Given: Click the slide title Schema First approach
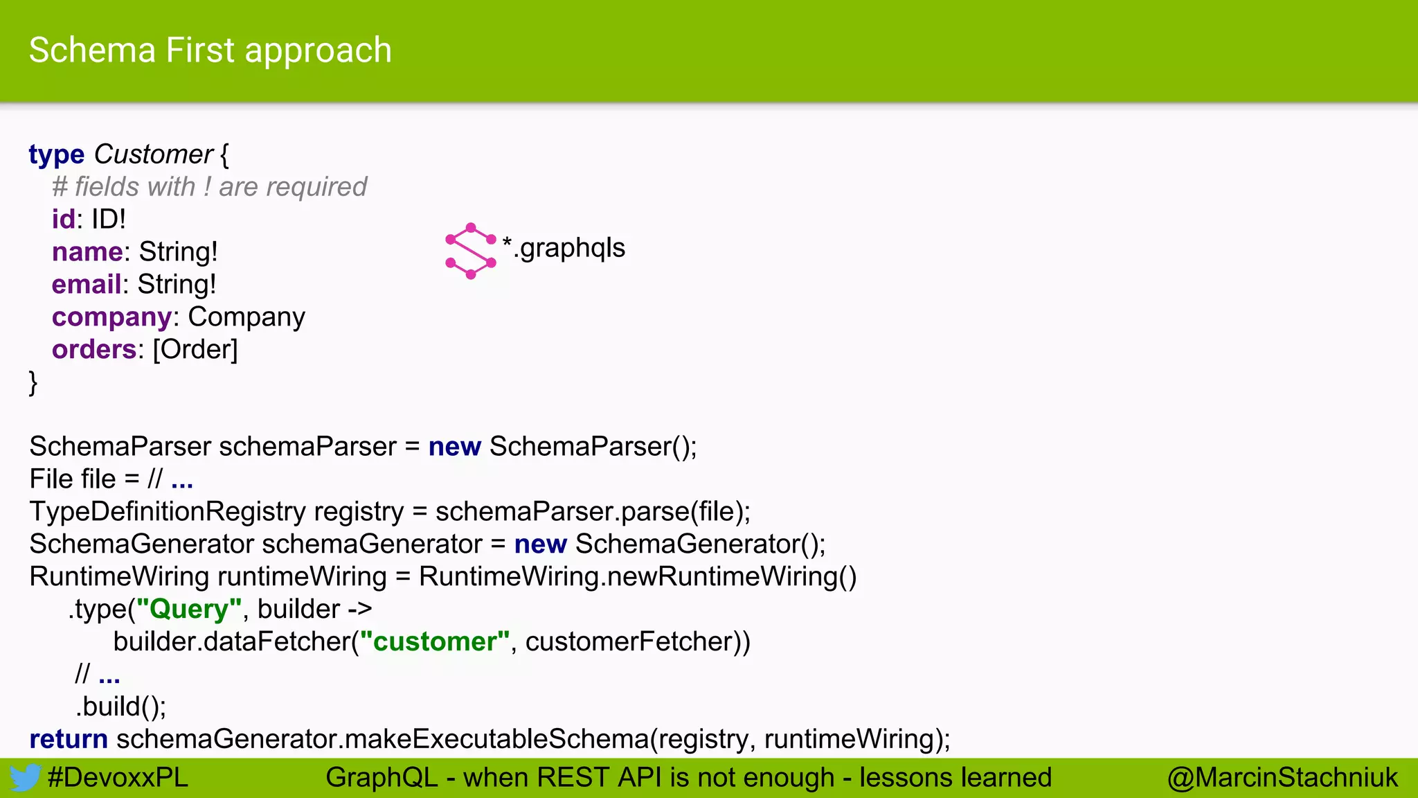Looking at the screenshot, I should point(210,51).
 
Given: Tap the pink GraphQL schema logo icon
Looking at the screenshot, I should point(471,251).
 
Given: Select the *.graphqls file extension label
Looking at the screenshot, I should point(564,247).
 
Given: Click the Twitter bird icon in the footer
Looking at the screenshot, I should point(24,778).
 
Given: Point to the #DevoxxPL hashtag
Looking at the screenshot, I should point(118,778).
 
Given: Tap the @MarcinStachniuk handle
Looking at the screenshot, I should point(1282,778).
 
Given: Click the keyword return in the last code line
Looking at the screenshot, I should point(68,739).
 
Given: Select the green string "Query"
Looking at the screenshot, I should point(189,610).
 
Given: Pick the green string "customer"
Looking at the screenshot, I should point(435,642).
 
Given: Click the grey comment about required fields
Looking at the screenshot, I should point(209,187).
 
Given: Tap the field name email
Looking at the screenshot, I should point(87,285).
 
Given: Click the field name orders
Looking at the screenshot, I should point(93,350).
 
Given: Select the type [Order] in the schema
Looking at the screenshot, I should point(195,350).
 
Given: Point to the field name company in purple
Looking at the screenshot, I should point(111,317).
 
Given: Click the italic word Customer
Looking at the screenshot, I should point(154,154).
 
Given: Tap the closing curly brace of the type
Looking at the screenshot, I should point(33,382).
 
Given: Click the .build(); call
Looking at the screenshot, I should point(121,707).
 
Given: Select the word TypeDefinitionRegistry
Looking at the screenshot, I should point(167,512).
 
